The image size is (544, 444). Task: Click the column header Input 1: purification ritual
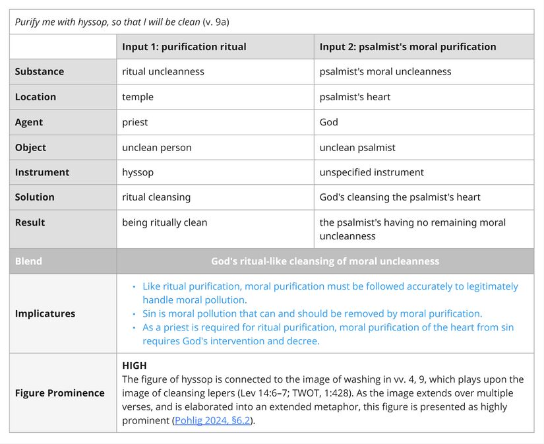click(x=184, y=47)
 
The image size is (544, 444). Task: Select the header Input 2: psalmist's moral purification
click(x=408, y=47)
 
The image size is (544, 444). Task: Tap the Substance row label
click(x=40, y=71)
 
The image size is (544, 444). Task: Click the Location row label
click(x=36, y=97)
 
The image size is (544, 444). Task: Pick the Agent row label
click(x=29, y=122)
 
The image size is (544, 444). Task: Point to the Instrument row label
click(x=42, y=172)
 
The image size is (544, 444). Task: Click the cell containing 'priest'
click(x=135, y=122)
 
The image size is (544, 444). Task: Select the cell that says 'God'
click(x=329, y=122)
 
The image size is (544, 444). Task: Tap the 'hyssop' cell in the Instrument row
click(x=138, y=172)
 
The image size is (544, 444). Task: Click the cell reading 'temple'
click(x=138, y=97)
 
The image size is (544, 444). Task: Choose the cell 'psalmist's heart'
click(x=355, y=97)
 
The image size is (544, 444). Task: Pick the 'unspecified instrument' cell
click(x=372, y=172)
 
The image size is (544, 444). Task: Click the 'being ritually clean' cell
click(x=164, y=222)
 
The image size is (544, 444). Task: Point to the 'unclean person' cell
click(x=156, y=147)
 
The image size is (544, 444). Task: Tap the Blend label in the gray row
click(x=28, y=261)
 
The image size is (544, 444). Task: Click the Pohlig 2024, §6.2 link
click(x=212, y=420)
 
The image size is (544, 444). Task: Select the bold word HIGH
click(x=135, y=365)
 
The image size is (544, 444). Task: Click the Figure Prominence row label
click(x=59, y=393)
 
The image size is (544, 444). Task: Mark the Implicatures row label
click(x=45, y=313)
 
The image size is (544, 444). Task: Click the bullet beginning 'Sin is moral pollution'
click(x=312, y=313)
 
